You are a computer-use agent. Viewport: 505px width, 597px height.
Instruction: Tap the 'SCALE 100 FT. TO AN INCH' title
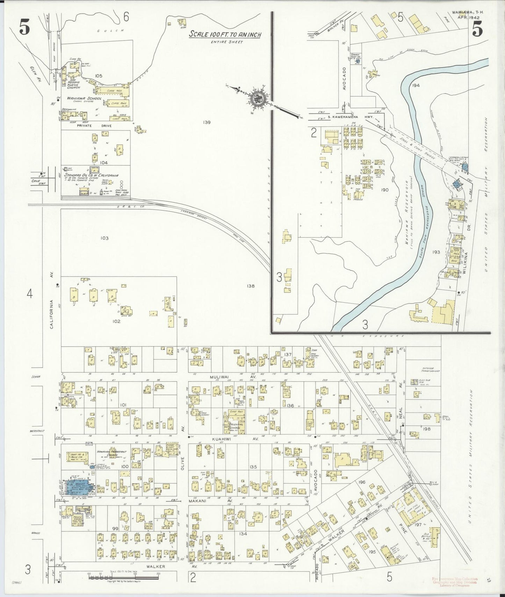point(225,35)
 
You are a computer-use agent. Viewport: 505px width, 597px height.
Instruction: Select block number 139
point(207,122)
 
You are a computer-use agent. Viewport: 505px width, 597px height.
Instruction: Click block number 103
point(104,238)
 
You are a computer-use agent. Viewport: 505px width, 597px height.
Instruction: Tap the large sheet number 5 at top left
point(24,29)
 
